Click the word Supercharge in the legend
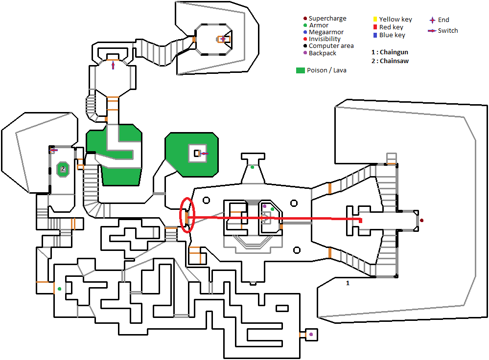click(327, 19)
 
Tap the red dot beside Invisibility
click(304, 39)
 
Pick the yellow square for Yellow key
click(374, 20)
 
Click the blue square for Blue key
click(374, 35)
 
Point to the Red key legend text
click(392, 27)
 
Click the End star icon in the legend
click(432, 20)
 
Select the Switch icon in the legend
click(432, 31)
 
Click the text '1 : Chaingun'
click(390, 52)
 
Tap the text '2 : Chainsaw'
click(390, 61)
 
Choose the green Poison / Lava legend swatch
click(300, 70)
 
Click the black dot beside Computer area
click(304, 46)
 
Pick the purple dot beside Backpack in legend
click(304, 53)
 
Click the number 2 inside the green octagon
click(63, 169)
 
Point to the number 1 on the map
click(348, 283)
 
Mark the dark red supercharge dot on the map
click(421, 221)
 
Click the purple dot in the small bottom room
click(311, 335)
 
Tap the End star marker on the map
click(223, 39)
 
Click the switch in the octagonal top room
click(113, 65)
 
